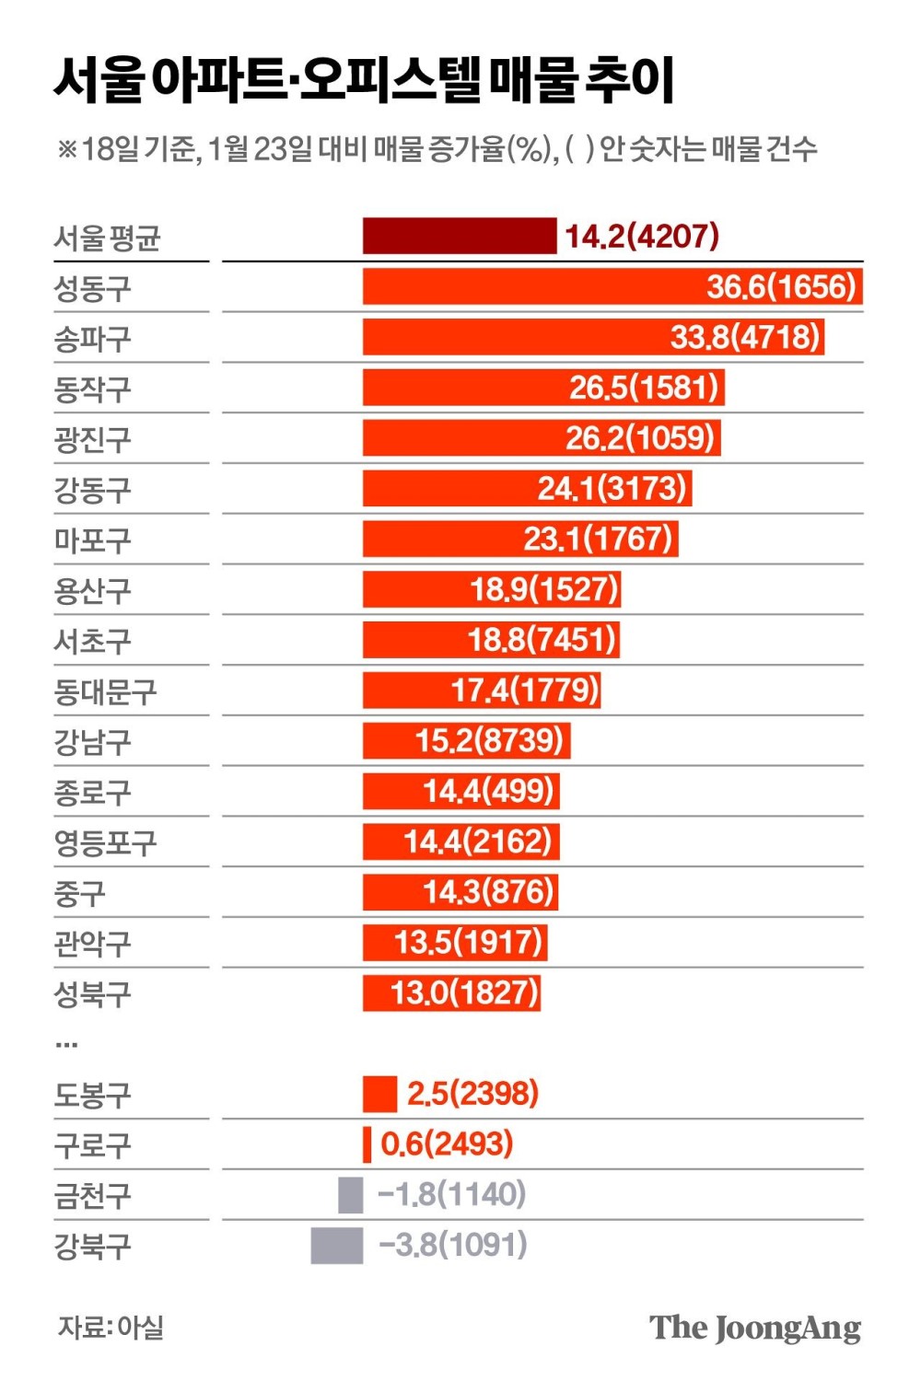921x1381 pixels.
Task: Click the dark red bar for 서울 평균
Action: tap(459, 236)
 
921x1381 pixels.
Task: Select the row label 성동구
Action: tap(92, 289)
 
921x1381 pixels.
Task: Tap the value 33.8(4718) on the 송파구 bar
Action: tap(744, 337)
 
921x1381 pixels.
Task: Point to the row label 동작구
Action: tap(92, 389)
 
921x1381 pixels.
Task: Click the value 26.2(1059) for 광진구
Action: tap(639, 438)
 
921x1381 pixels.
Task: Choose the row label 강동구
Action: tap(92, 490)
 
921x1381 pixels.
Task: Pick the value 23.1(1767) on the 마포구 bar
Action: tap(598, 539)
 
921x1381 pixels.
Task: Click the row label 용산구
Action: tap(92, 591)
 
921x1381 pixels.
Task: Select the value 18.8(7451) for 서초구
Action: tap(542, 640)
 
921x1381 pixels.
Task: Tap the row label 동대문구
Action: tap(105, 691)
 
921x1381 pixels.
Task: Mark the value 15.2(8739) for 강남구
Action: tap(489, 740)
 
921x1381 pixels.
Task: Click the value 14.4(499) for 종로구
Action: tap(488, 791)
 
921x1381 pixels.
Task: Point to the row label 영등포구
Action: tap(105, 842)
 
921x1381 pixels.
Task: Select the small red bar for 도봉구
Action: tap(379, 1094)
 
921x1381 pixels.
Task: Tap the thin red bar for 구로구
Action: tap(367, 1144)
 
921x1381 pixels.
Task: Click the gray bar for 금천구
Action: tap(351, 1195)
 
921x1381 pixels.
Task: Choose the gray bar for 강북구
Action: tap(337, 1246)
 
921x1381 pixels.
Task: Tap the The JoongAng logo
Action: tap(755, 1328)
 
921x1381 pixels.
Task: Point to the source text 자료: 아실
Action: tap(111, 1328)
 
